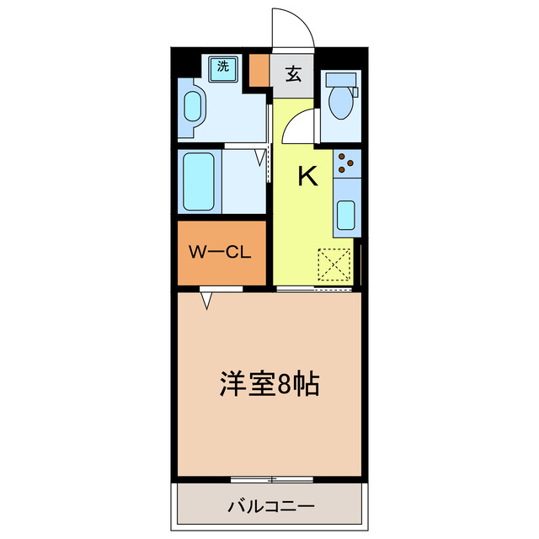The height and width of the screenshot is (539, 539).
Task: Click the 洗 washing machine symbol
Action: (222, 67)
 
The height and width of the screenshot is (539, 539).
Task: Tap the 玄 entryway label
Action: (293, 74)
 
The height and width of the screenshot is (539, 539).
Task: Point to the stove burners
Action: (346, 163)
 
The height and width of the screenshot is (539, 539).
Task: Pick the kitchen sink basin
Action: (346, 214)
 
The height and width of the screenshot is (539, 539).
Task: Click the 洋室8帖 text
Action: (269, 385)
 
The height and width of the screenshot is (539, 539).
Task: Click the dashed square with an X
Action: (335, 266)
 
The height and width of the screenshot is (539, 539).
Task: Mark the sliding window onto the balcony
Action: (271, 480)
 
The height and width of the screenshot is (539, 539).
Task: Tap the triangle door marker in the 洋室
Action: (207, 299)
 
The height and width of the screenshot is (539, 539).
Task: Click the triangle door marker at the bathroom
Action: (259, 155)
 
